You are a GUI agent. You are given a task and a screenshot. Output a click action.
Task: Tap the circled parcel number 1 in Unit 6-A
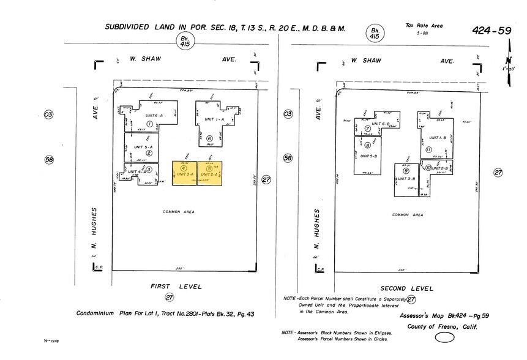click(149, 123)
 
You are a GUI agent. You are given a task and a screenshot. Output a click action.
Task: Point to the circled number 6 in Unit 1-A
click(209, 138)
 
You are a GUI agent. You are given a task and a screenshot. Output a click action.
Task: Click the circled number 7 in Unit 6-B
click(368, 129)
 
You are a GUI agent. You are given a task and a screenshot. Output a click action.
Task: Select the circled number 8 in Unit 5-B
click(367, 146)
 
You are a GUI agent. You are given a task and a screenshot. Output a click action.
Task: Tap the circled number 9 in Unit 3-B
click(406, 170)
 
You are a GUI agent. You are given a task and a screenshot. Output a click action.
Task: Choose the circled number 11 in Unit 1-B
click(428, 149)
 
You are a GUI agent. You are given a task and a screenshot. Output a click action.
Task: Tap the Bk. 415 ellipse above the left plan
click(183, 41)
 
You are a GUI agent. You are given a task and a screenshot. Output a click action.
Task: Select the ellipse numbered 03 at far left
click(49, 114)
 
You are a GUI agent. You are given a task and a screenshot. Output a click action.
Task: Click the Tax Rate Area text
click(424, 26)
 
